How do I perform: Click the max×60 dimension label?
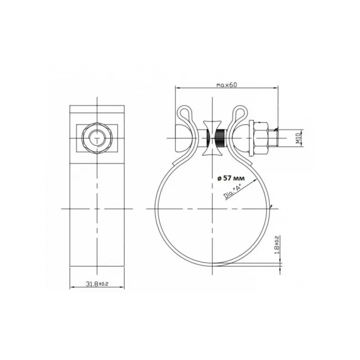[227, 85]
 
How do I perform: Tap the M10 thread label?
[298, 138]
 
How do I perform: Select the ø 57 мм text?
[231, 178]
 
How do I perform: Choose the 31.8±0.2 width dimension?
[97, 284]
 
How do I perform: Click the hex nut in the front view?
[97, 138]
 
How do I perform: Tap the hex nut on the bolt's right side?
[261, 138]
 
